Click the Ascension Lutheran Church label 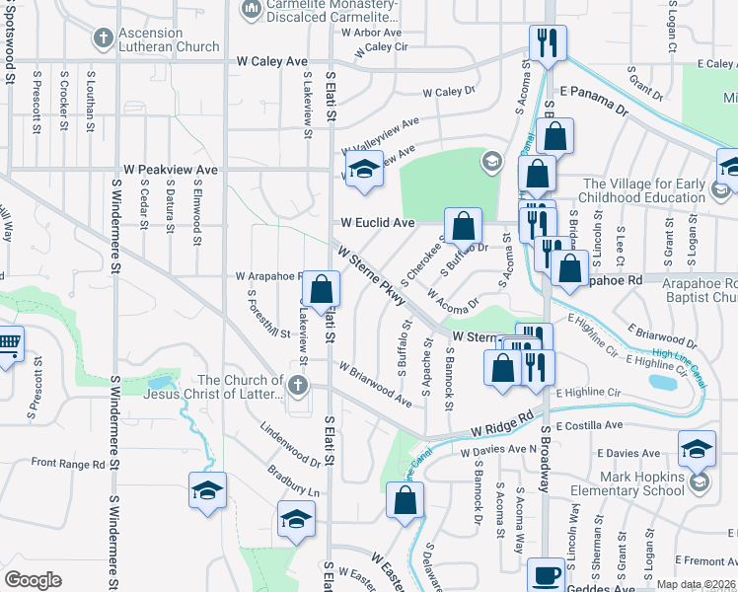169,38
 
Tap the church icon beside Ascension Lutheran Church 103,39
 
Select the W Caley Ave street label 271,61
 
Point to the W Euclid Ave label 378,223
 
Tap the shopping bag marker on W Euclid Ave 463,227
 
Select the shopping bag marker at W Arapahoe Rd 321,290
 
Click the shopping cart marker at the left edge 8,346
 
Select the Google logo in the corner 33,579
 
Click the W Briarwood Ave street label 375,384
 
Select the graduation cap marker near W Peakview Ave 363,169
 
